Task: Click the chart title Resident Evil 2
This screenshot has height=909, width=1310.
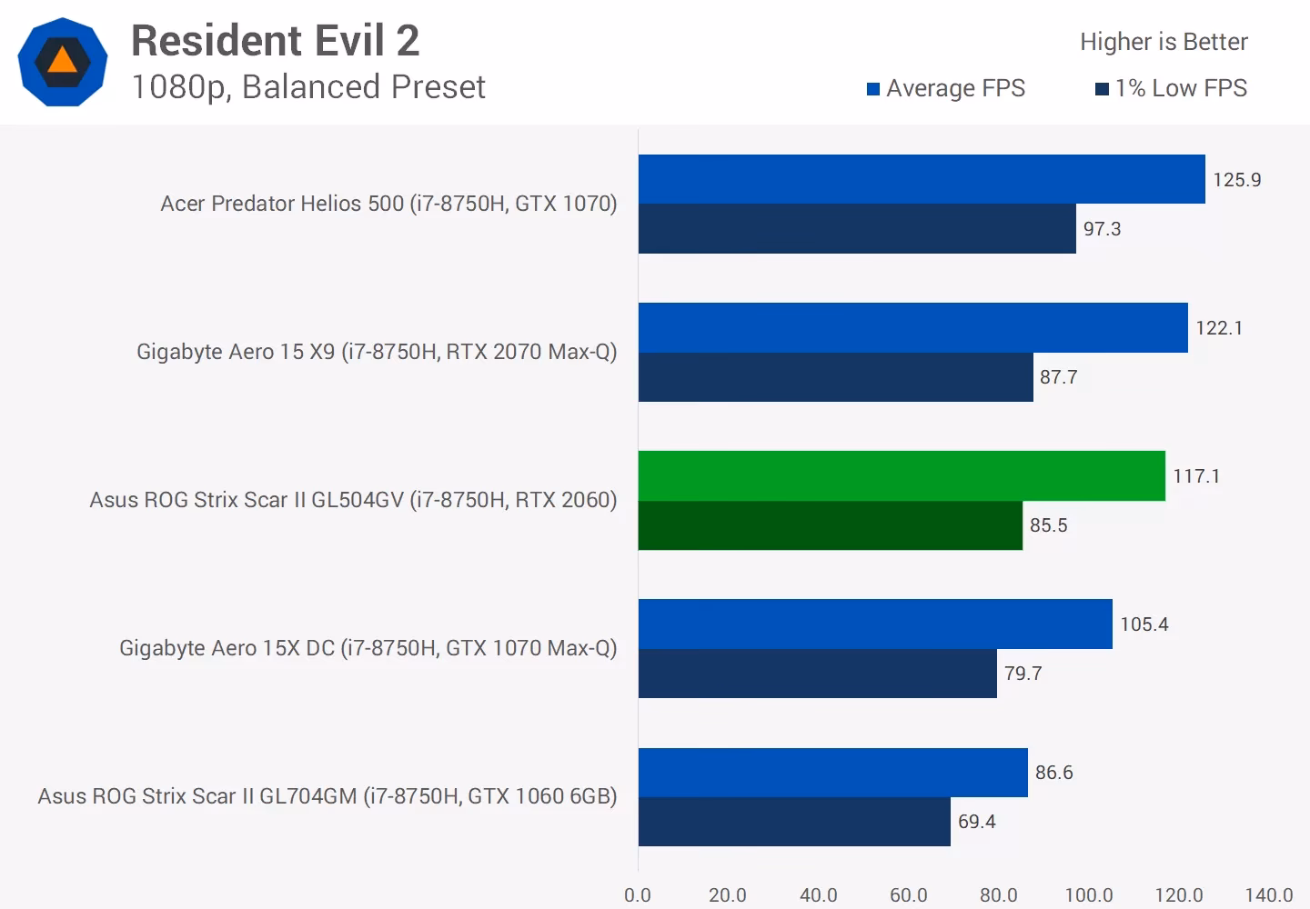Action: [x=275, y=41]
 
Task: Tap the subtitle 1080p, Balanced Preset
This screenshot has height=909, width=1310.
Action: [x=308, y=87]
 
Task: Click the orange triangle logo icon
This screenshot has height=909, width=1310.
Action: [x=63, y=62]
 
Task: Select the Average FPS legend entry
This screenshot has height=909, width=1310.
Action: [x=946, y=88]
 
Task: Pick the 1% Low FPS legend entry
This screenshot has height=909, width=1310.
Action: [x=1172, y=88]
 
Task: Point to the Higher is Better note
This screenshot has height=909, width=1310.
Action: [x=1164, y=42]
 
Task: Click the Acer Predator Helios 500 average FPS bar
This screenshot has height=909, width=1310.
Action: [x=921, y=179]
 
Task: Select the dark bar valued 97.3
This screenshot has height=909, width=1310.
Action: [x=856, y=229]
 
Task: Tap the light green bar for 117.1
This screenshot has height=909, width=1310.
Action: [x=901, y=475]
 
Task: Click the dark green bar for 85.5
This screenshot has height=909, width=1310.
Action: [x=830, y=525]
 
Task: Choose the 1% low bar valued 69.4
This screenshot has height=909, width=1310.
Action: [x=793, y=822]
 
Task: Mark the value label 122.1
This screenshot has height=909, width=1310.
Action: [x=1219, y=328]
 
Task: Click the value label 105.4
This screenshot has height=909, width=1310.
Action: [x=1144, y=624]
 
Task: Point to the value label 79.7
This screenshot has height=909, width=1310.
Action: [x=1023, y=674]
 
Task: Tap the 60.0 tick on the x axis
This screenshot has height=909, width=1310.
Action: [x=908, y=895]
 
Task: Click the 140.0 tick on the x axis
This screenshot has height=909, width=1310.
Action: [x=1268, y=895]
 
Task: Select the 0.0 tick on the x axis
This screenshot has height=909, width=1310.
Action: [x=638, y=895]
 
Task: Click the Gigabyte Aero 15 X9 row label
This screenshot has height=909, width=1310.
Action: [x=377, y=352]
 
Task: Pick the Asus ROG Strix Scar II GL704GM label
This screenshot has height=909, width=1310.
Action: [x=327, y=796]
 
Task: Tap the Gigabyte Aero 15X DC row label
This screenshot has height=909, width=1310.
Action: [x=368, y=648]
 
